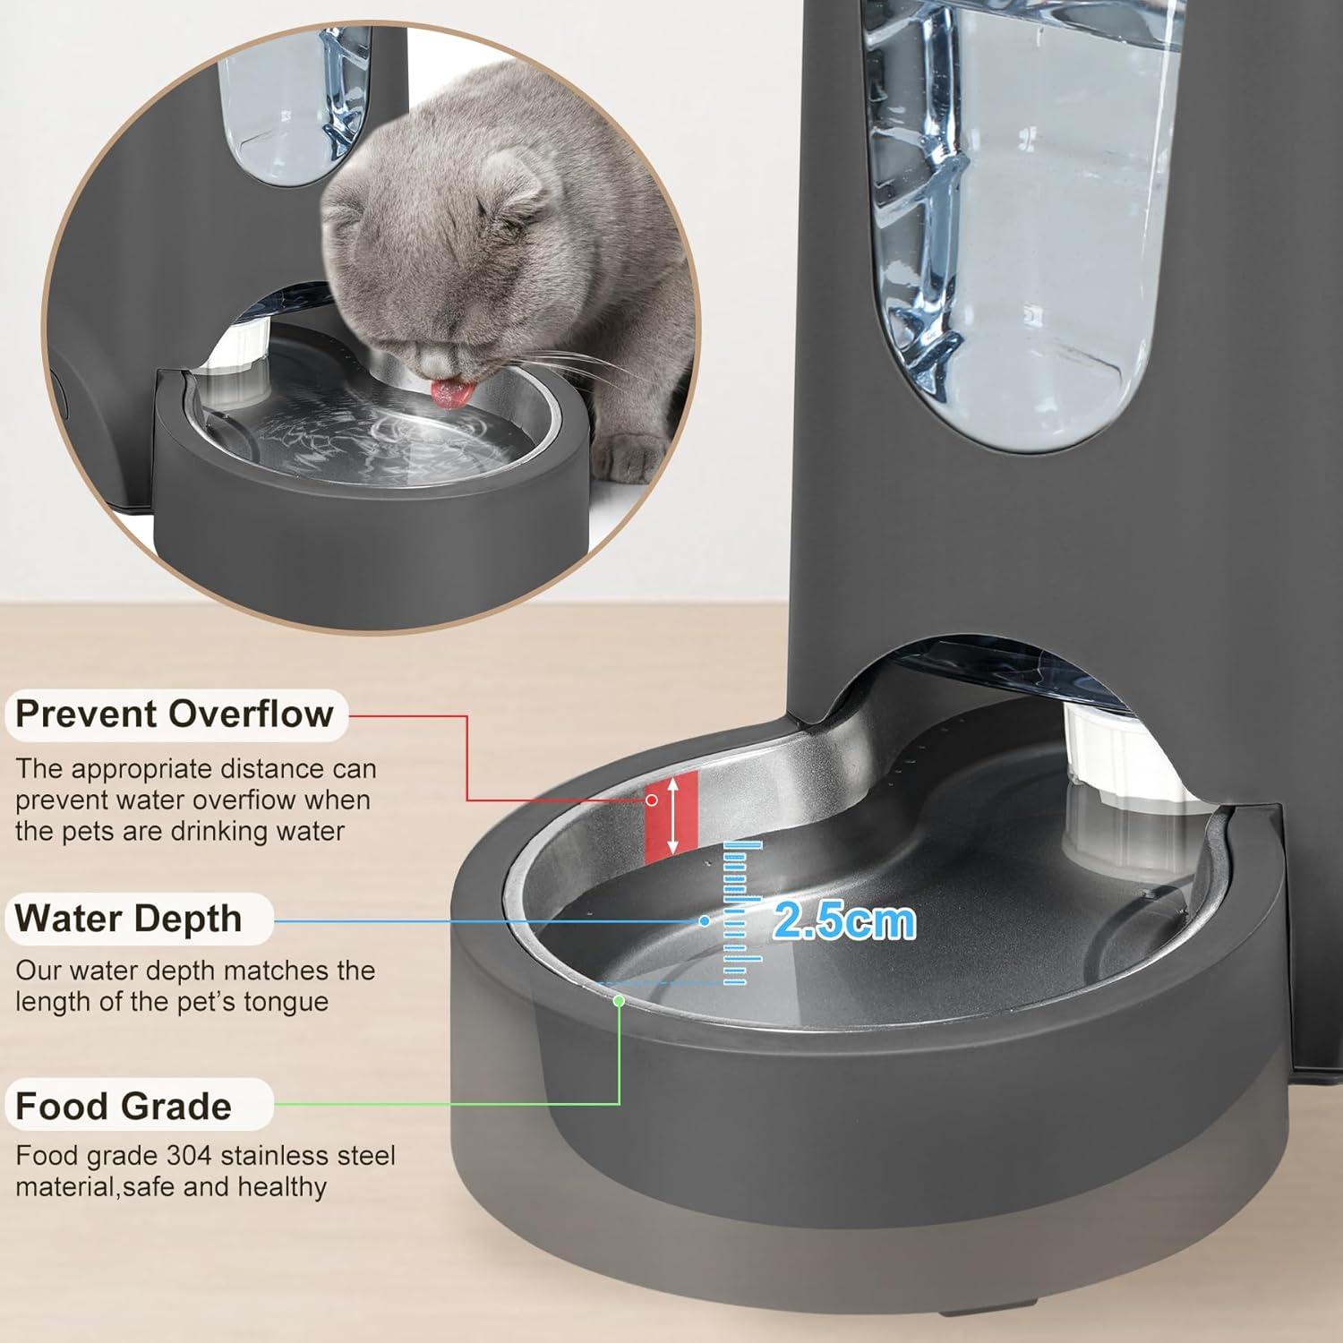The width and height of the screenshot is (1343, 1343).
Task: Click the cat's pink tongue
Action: [445, 389]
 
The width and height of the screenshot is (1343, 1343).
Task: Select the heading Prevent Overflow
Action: [175, 714]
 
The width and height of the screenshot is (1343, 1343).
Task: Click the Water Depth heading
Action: [128, 919]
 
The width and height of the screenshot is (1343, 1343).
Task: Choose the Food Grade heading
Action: [124, 1107]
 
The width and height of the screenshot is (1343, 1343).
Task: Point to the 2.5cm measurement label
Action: [844, 920]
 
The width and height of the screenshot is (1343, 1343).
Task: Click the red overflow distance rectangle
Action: [671, 816]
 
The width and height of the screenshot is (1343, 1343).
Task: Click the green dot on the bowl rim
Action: [619, 1001]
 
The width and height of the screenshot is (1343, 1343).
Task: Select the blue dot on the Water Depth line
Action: [705, 920]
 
